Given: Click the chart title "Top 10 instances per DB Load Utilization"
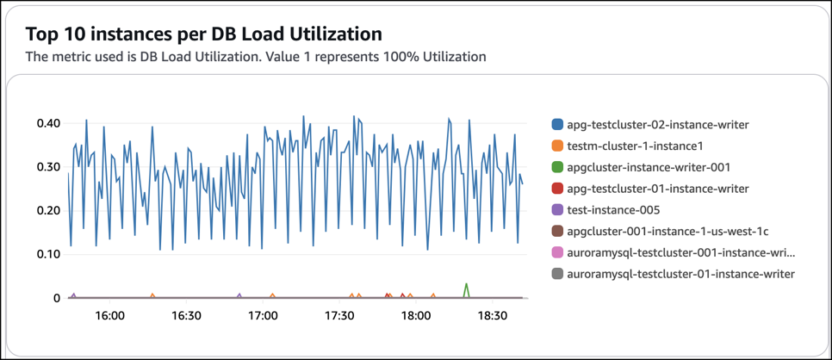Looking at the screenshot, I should (x=203, y=34).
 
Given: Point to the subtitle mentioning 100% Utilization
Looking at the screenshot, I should (x=256, y=57).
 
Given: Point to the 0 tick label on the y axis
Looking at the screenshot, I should (x=57, y=299).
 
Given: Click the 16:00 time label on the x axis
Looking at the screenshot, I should (x=110, y=316).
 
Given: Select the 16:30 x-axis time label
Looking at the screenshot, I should (x=187, y=316).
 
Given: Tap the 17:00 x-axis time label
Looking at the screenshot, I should (x=263, y=316).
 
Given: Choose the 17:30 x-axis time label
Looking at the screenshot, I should (x=339, y=316).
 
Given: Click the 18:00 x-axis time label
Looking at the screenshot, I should (x=416, y=316).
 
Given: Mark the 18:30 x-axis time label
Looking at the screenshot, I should (x=492, y=316).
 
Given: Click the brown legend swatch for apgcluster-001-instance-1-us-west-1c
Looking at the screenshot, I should (x=557, y=232).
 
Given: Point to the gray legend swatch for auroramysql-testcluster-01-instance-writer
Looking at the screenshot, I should (x=557, y=274).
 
